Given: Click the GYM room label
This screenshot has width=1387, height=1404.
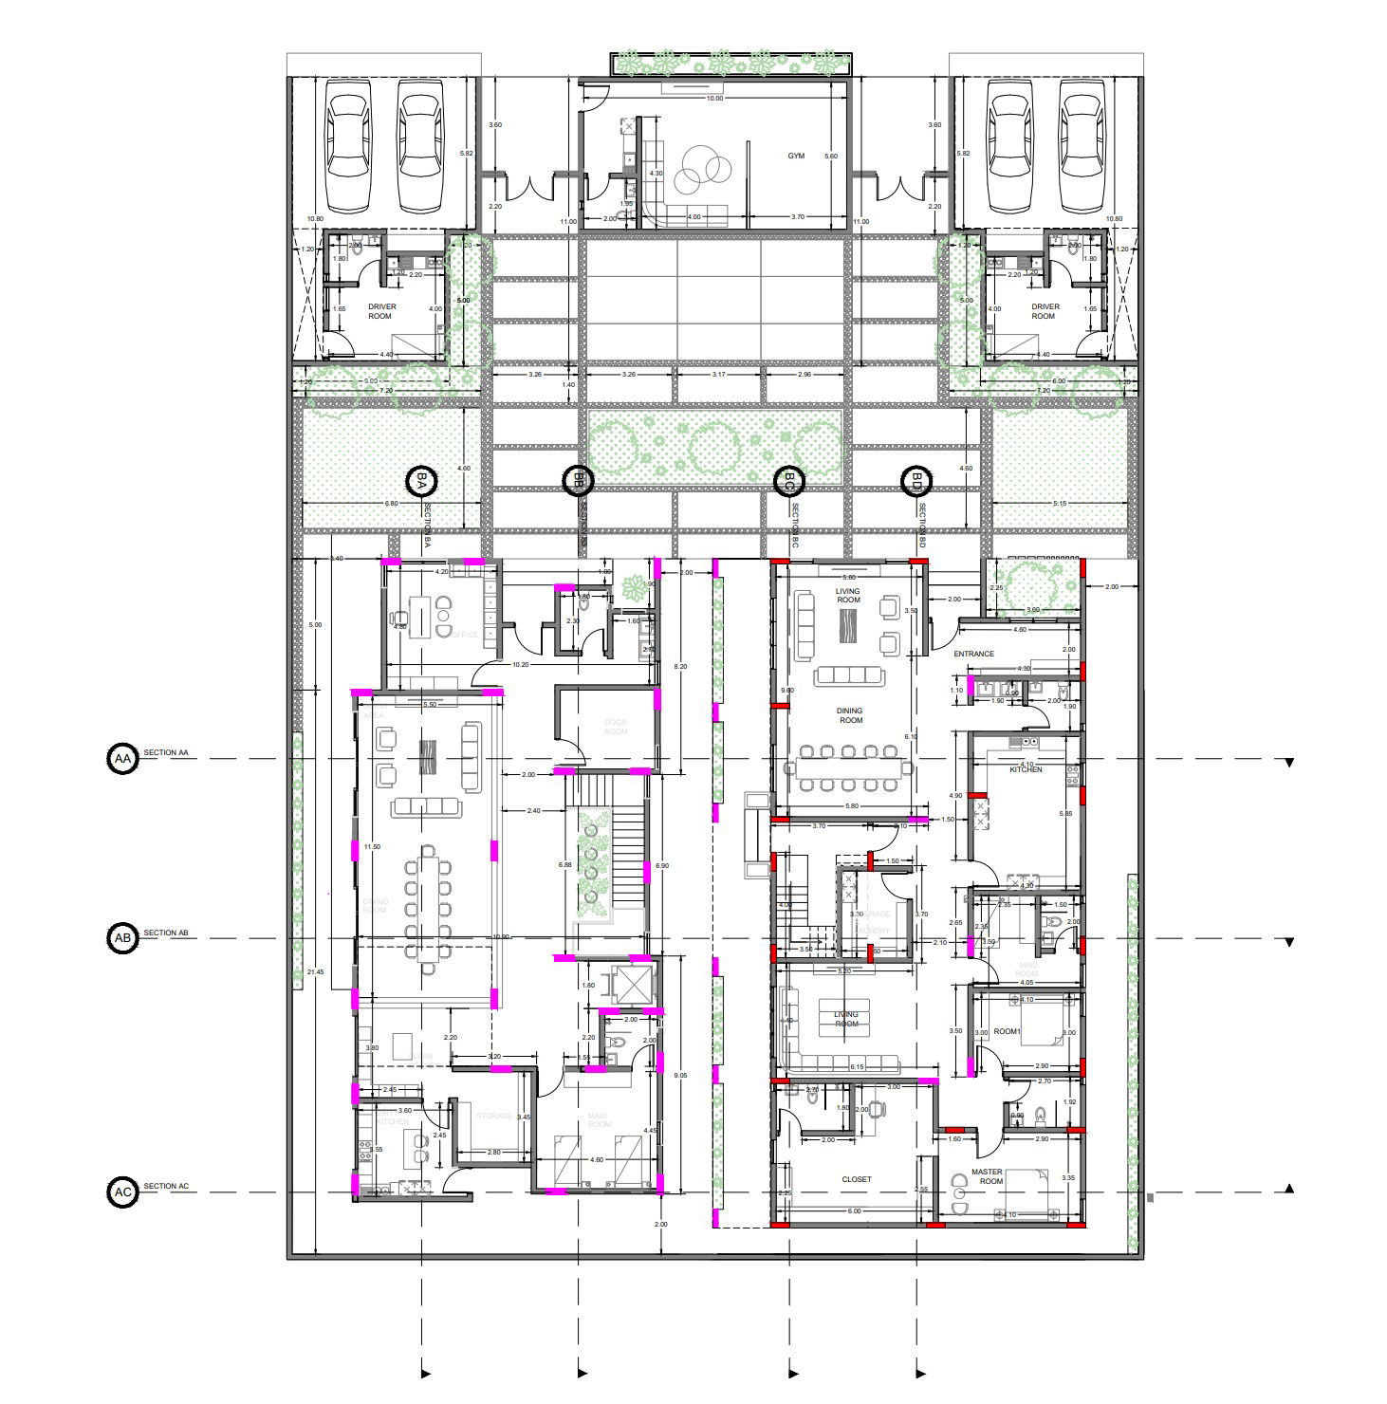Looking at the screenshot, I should [795, 156].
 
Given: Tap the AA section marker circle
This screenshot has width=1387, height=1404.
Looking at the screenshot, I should [121, 759].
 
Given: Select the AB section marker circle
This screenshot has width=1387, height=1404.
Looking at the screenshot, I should [121, 938].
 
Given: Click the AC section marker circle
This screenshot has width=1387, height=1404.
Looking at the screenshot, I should [121, 1192].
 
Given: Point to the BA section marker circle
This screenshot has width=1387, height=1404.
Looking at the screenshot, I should [419, 482].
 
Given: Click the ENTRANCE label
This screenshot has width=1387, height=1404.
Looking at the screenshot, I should [973, 654].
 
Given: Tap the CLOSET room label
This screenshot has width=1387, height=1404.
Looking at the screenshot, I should [856, 1179].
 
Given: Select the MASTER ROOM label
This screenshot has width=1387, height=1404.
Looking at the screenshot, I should [990, 1176].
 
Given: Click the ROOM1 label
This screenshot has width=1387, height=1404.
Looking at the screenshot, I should [1007, 1031].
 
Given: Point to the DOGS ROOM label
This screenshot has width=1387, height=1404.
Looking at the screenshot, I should [616, 727].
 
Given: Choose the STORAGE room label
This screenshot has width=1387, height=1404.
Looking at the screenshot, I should [494, 1116].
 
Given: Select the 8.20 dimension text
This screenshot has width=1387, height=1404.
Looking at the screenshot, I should [680, 667].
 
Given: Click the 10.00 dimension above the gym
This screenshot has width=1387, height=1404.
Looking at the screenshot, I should [713, 99].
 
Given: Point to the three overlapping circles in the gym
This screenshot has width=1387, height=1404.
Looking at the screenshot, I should [702, 169].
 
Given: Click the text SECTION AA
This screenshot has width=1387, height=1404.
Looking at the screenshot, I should [166, 753].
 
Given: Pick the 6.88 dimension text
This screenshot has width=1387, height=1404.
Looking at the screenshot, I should [565, 864].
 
